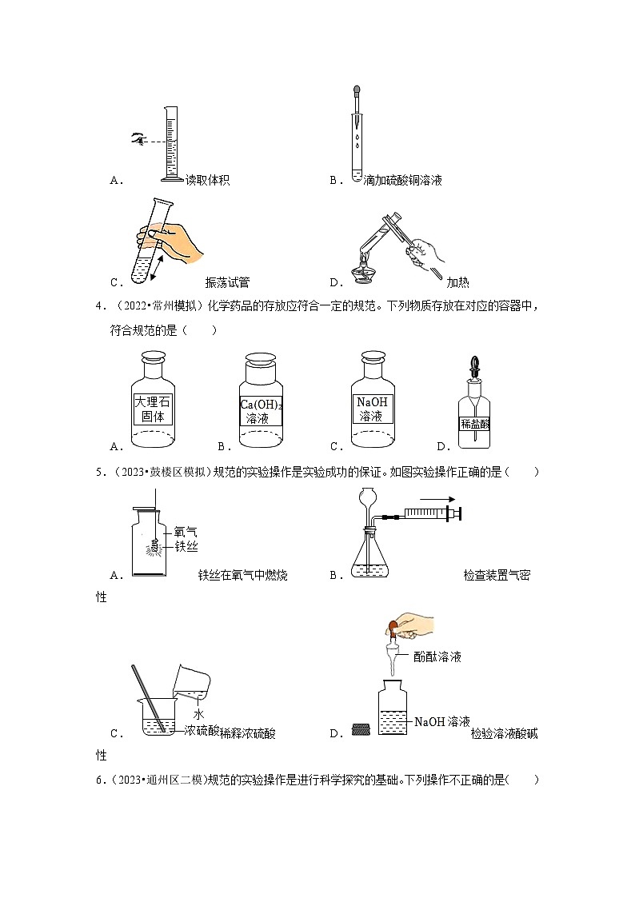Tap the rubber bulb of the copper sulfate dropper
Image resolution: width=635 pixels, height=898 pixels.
pyautogui.click(x=356, y=92)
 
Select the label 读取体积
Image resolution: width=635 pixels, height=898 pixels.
pyautogui.click(x=207, y=181)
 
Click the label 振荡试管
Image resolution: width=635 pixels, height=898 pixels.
pyautogui.click(x=227, y=281)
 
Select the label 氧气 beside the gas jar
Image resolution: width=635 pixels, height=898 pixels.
pyautogui.click(x=186, y=530)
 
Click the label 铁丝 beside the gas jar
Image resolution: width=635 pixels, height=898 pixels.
pyautogui.click(x=186, y=546)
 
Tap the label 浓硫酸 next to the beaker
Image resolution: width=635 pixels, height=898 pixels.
pyautogui.click(x=202, y=730)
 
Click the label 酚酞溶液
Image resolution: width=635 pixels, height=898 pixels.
pyautogui.click(x=437, y=657)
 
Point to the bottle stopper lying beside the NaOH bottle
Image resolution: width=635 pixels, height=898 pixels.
pyautogui.click(x=361, y=729)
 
